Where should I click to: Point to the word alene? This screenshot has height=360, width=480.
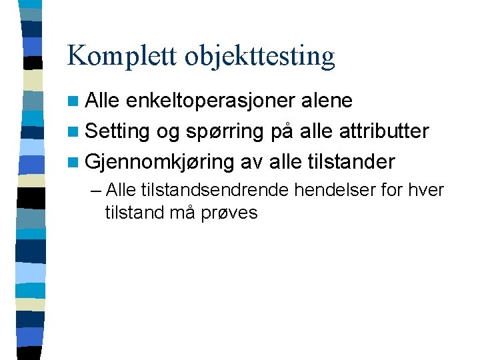coord(327,101)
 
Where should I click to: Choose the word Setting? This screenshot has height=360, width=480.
coord(117,132)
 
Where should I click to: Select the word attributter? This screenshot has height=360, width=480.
coord(384,131)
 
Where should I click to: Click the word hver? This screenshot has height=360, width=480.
coord(428,191)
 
